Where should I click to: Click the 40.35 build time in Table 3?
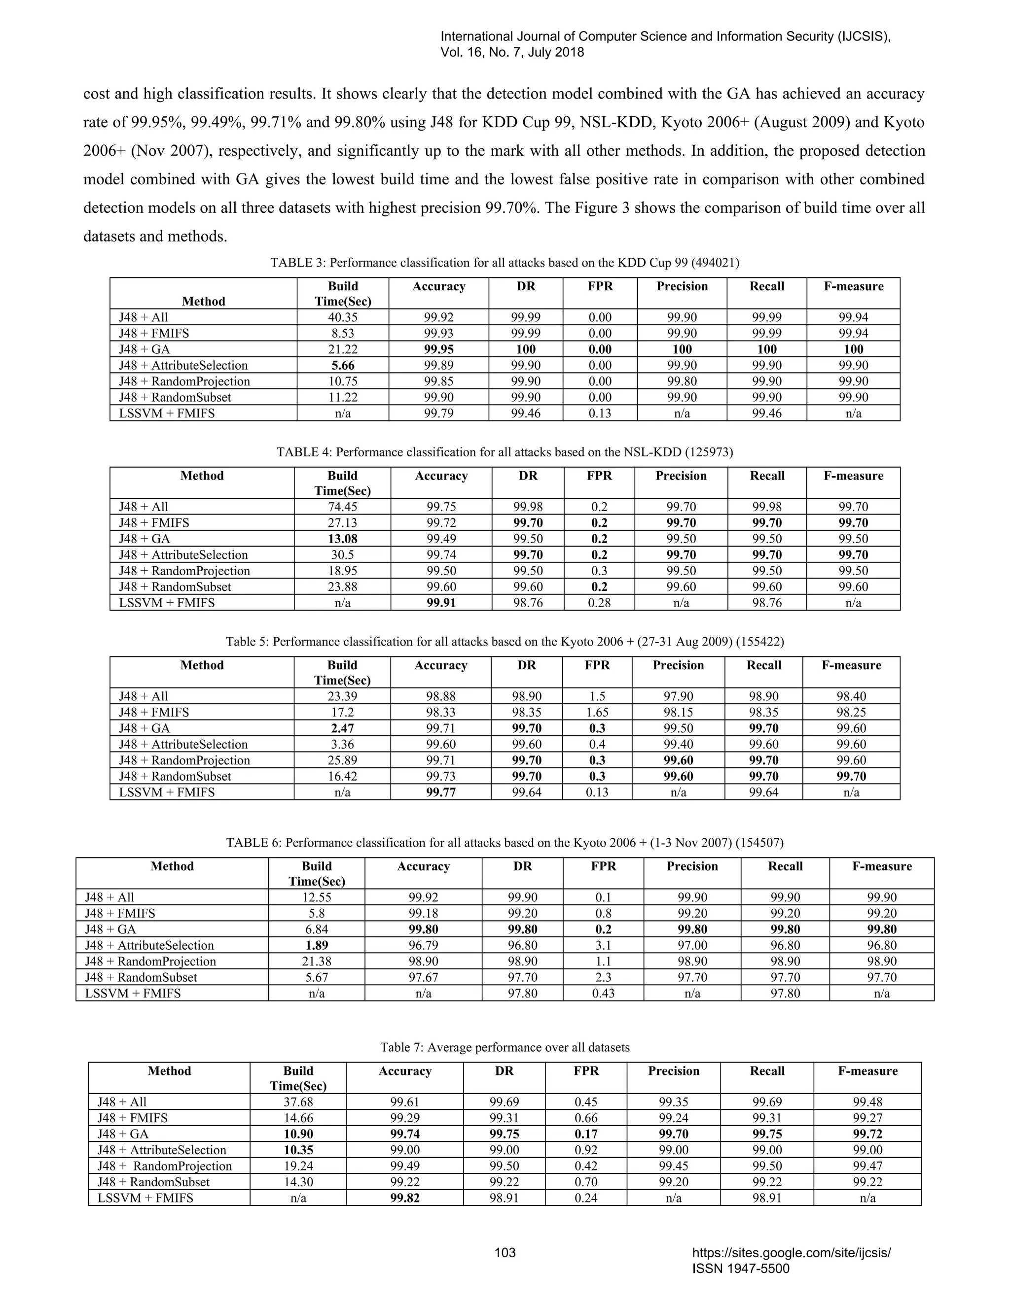pos(343,317)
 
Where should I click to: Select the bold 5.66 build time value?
pos(343,365)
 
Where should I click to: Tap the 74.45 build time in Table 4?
pos(342,507)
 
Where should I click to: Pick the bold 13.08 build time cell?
pos(342,539)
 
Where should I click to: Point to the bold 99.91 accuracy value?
pos(441,603)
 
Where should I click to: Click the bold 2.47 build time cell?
pos(342,728)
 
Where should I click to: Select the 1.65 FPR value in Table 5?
pos(597,712)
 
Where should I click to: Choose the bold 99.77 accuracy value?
pos(440,792)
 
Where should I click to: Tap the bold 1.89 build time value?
pos(317,945)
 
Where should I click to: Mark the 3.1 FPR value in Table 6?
pos(603,945)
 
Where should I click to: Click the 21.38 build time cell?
pos(317,962)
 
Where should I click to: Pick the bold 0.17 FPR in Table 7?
pos(586,1134)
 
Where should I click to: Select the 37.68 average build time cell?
pos(298,1102)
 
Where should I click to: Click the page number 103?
pos(505,1253)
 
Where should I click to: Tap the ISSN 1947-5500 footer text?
pos(741,1269)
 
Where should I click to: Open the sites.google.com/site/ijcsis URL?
pos(791,1253)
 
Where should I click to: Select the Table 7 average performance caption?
pos(505,1048)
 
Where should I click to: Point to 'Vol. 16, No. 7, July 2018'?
pos(512,53)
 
